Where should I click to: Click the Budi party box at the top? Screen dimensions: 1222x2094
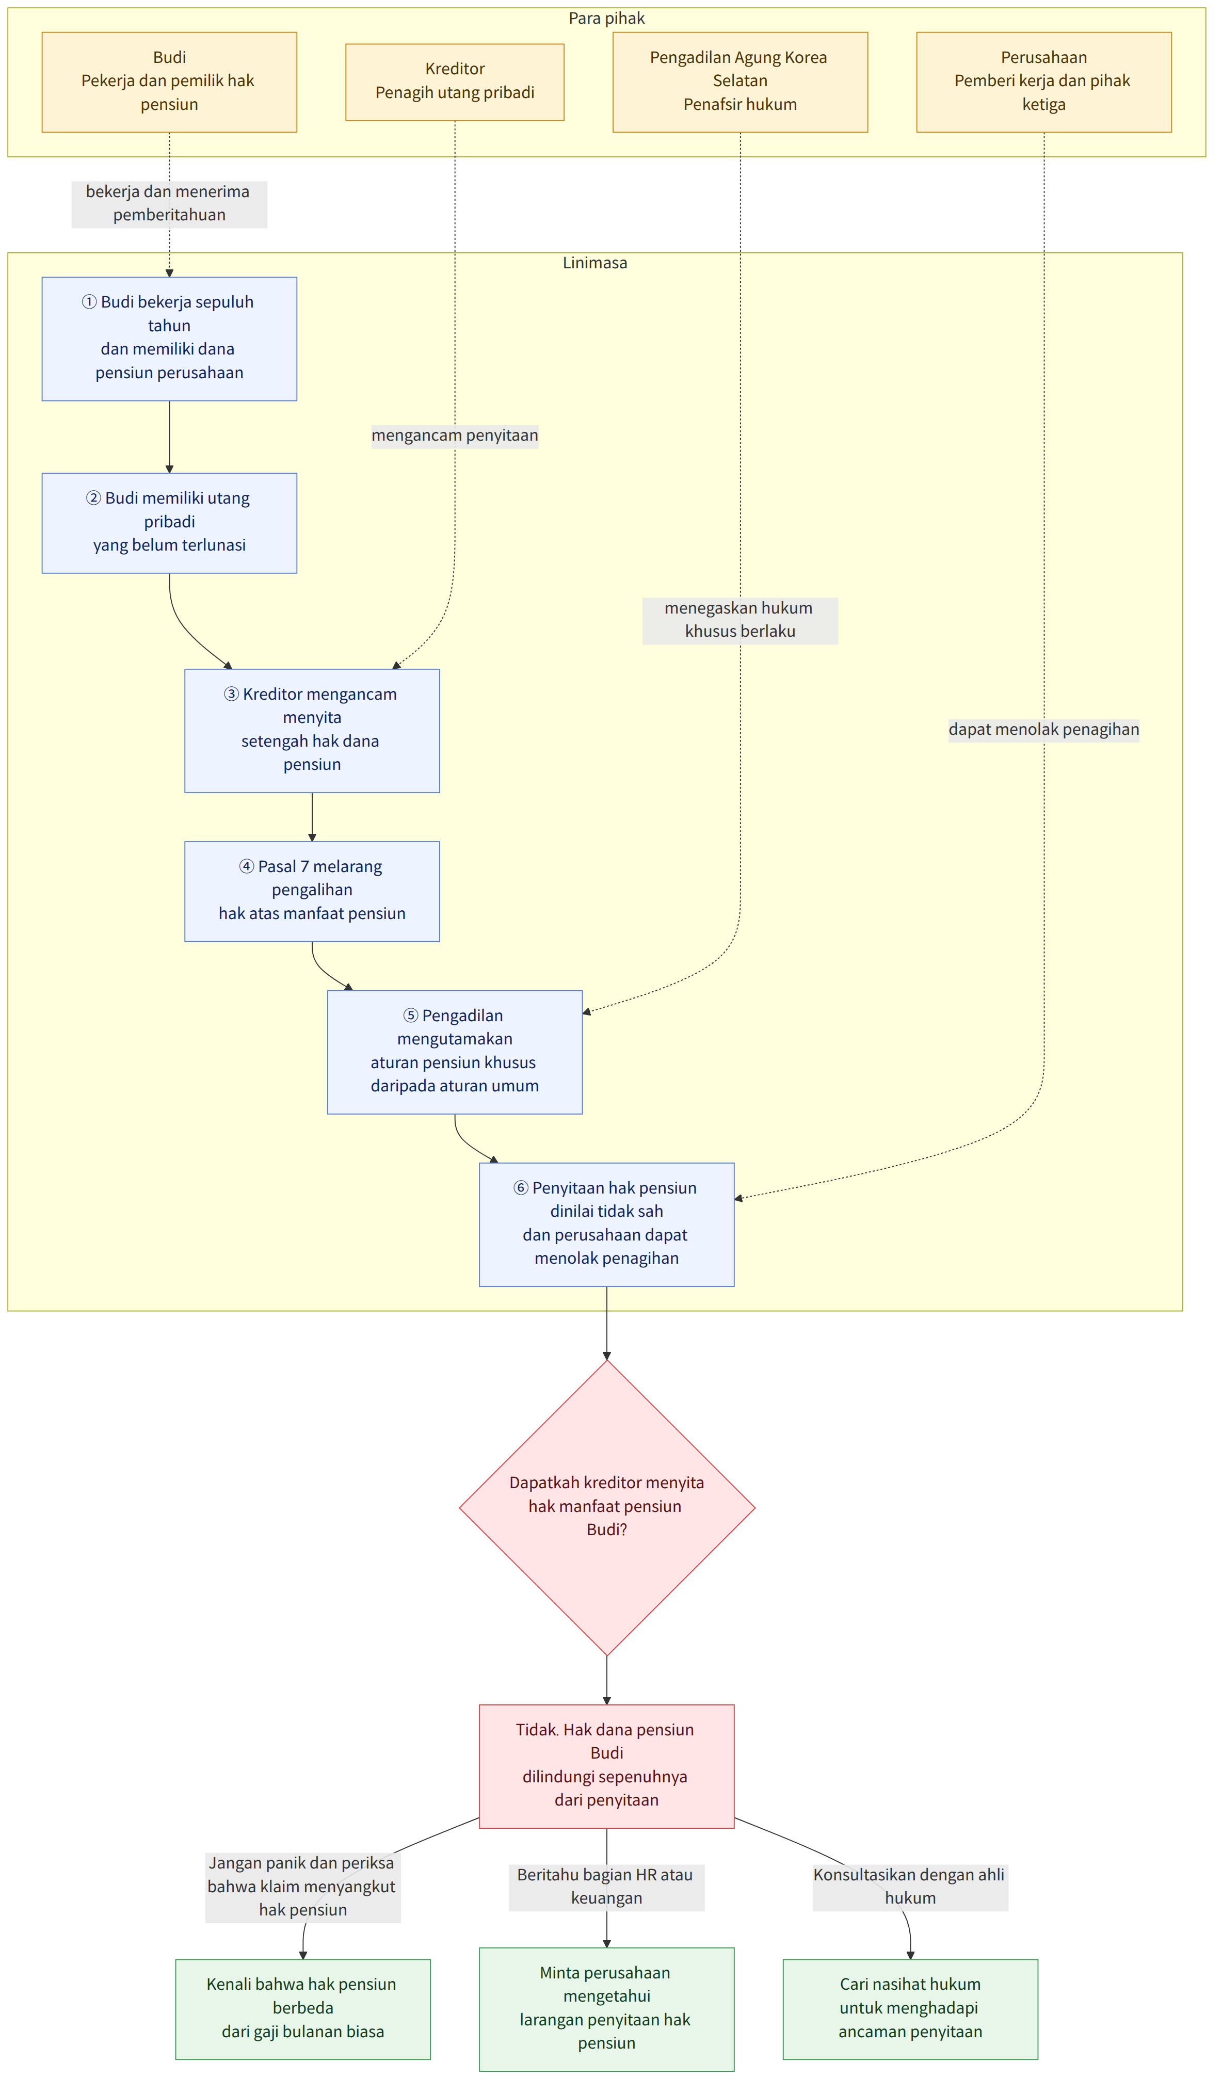pyautogui.click(x=169, y=82)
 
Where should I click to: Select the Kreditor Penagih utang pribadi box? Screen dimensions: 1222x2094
pyautogui.click(x=455, y=82)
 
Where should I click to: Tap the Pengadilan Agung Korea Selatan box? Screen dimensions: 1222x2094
pyautogui.click(x=740, y=82)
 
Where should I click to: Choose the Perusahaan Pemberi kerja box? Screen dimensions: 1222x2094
pyautogui.click(x=1044, y=82)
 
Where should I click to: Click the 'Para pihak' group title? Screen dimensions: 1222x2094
pyautogui.click(x=606, y=18)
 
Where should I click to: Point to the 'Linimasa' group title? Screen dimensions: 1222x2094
pyautogui.click(x=595, y=263)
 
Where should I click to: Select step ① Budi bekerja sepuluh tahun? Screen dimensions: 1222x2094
pyautogui.click(x=169, y=339)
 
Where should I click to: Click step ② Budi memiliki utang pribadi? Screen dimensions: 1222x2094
pyautogui.click(x=169, y=523)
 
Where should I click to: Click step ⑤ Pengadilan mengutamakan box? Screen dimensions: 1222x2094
pyautogui.click(x=455, y=1052)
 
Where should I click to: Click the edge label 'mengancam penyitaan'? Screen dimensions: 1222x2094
pyautogui.click(x=455, y=436)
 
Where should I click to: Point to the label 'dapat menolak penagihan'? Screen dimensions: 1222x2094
pyautogui.click(x=1044, y=730)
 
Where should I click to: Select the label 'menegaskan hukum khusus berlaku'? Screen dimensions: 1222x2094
pyautogui.click(x=740, y=620)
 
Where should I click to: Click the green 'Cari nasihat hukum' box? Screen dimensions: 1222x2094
pyautogui.click(x=910, y=2009)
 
